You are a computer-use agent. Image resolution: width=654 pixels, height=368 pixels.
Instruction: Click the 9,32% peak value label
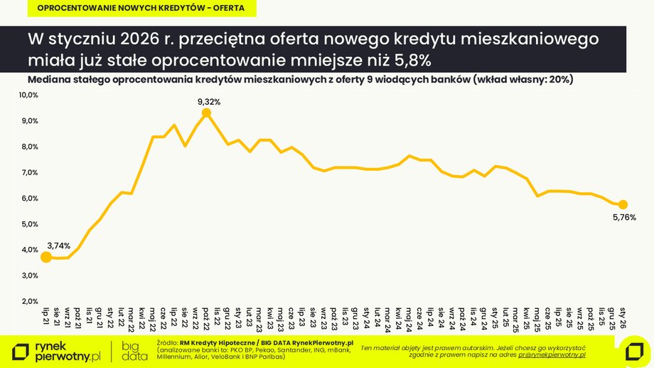(209, 102)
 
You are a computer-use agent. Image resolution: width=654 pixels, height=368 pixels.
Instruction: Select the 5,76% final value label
(623, 217)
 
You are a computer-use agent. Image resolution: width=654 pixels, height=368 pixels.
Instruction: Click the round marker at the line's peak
(206, 113)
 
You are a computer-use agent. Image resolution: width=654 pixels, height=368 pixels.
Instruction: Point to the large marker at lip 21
(46, 257)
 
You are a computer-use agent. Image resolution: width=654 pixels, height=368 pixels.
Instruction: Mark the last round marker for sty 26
(623, 204)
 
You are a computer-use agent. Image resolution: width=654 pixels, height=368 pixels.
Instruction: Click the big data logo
(130, 350)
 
